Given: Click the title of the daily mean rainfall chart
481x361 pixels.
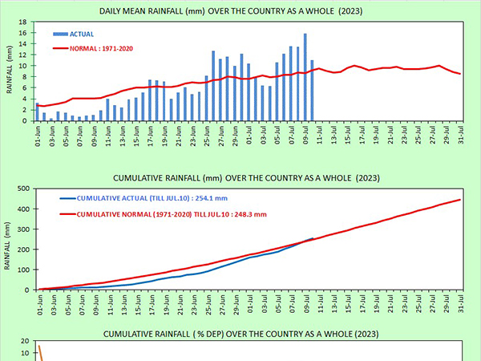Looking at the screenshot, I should coord(240,11).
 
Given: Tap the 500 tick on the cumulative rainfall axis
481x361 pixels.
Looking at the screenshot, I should coord(22,189).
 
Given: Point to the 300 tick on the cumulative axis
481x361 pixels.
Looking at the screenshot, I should coord(22,229).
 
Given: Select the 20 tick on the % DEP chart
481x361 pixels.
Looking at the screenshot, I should coord(25,341).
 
